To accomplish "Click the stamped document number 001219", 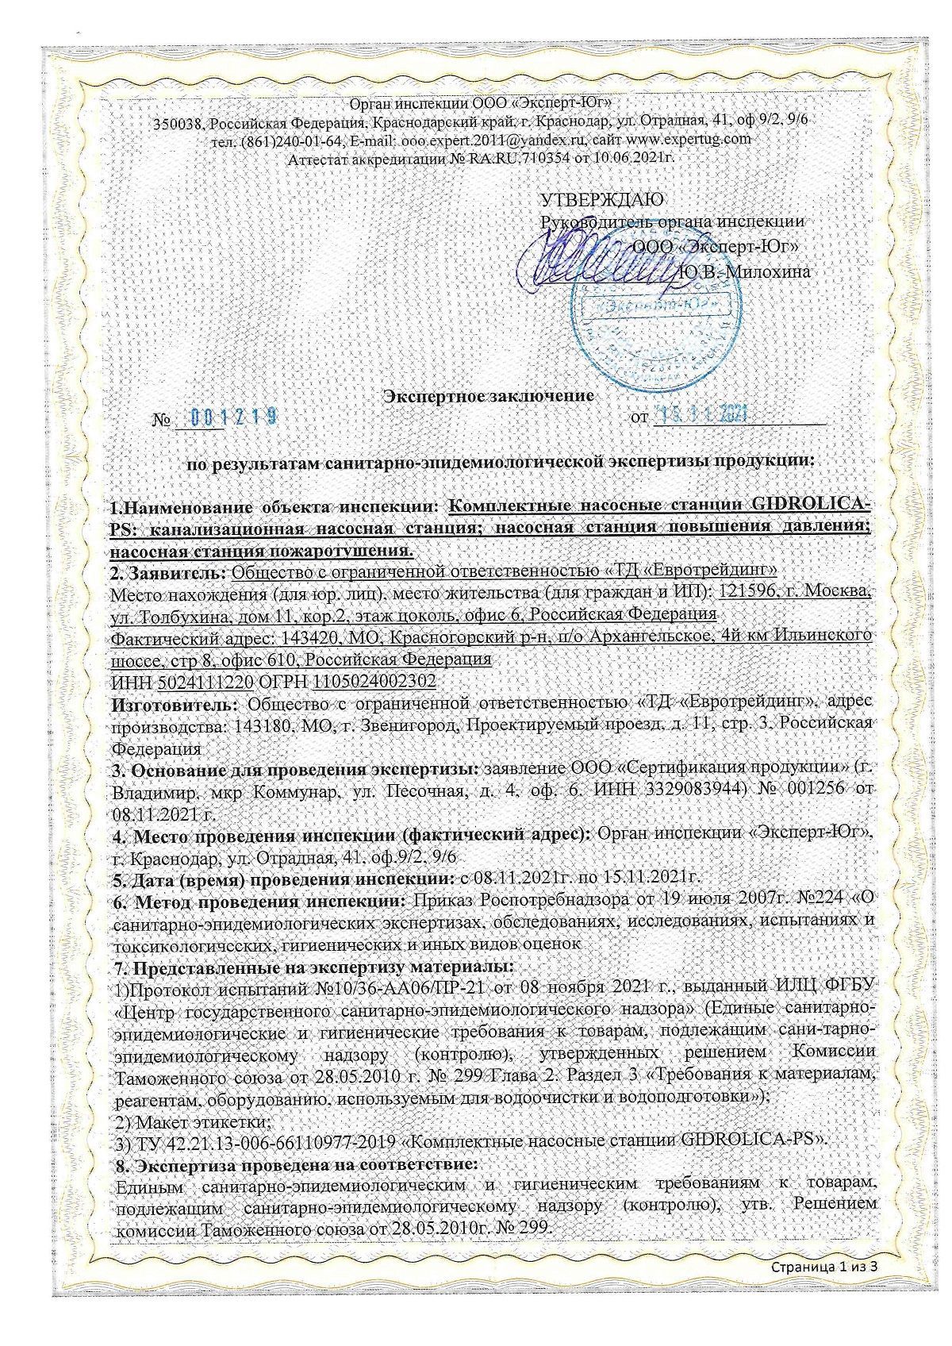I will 237,417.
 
